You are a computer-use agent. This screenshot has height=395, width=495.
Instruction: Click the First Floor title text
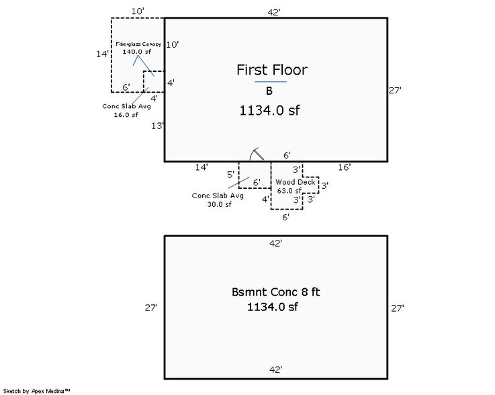click(271, 70)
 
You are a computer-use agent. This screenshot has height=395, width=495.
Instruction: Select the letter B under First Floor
click(269, 91)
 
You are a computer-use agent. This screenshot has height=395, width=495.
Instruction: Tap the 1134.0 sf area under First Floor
click(269, 112)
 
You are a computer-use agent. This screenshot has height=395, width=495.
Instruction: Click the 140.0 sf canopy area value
click(137, 52)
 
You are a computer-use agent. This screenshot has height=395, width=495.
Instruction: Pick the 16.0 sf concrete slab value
click(126, 115)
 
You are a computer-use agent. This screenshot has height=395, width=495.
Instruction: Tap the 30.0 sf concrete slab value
click(219, 205)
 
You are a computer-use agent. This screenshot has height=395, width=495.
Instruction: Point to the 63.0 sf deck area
click(289, 191)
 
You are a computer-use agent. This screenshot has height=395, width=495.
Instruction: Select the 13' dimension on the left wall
click(158, 126)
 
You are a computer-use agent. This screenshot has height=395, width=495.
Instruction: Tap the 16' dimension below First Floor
click(345, 167)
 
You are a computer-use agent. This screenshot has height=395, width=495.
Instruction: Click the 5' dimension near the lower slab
click(230, 175)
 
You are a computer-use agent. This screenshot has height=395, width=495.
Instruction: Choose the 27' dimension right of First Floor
click(396, 89)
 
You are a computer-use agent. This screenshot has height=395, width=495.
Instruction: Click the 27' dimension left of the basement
click(151, 308)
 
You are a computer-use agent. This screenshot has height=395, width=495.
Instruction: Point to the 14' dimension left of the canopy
click(102, 54)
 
